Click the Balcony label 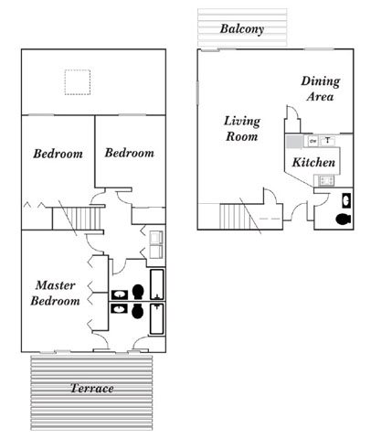[x=242, y=28]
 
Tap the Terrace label [x=92, y=389]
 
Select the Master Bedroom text [x=57, y=293]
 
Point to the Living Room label [x=241, y=128]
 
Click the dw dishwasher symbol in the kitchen [x=313, y=141]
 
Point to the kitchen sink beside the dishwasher [x=327, y=141]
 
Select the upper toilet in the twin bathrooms [x=138, y=292]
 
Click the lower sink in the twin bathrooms [x=120, y=309]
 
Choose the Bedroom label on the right [x=130, y=153]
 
